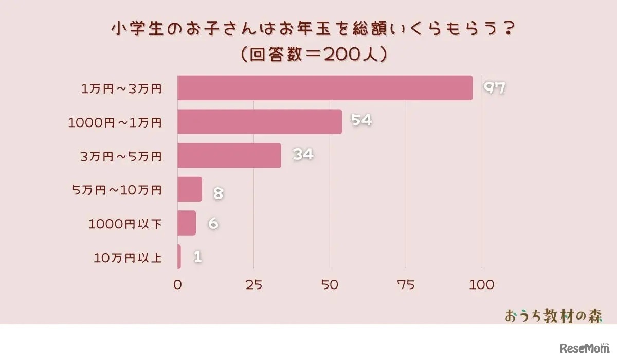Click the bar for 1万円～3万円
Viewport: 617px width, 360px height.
[325, 88]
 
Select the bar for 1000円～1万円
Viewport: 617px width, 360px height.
[260, 122]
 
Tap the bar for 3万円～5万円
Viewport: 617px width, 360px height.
[229, 155]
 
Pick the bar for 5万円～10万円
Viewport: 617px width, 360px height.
[190, 189]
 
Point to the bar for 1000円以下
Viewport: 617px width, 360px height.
[187, 223]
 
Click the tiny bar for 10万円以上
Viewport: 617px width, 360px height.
[179, 257]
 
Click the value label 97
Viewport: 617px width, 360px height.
[495, 88]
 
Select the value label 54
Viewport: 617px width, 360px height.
[361, 120]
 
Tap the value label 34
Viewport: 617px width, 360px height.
[303, 154]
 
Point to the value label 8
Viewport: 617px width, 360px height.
[218, 194]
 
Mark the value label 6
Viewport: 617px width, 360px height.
[213, 224]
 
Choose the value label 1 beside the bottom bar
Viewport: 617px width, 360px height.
[197, 257]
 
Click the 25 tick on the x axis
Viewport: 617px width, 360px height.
[253, 284]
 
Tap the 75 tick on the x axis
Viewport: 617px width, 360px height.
[406, 284]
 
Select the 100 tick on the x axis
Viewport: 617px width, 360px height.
[482, 284]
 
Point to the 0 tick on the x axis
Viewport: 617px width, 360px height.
[178, 284]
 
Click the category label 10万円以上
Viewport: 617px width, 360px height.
[128, 258]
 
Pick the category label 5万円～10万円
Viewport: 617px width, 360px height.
[117, 190]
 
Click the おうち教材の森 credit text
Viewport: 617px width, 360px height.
[553, 316]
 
